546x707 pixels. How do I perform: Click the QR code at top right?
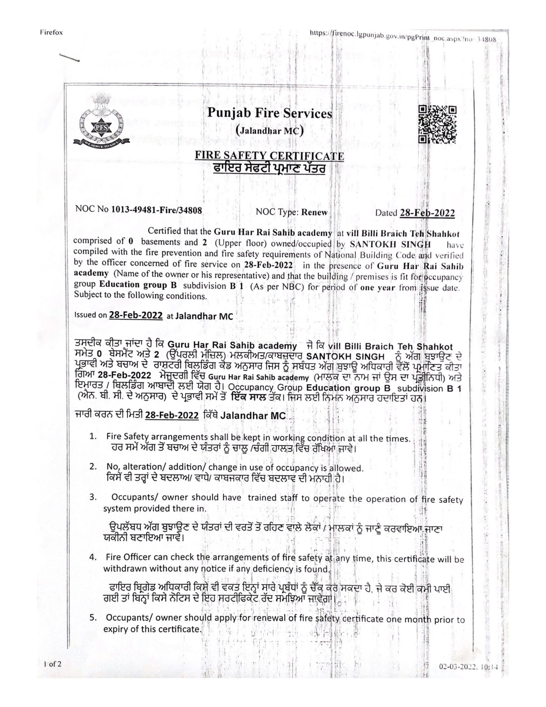[x=437, y=125]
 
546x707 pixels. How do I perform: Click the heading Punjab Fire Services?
[x=269, y=113]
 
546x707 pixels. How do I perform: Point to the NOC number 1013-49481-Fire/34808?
[x=157, y=211]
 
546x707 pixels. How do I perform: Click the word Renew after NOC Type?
[x=314, y=212]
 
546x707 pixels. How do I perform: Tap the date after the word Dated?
[x=427, y=213]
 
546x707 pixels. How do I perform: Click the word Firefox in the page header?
[x=51, y=32]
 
